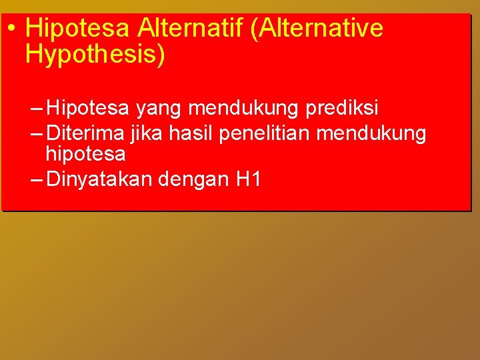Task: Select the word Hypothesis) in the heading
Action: (x=95, y=55)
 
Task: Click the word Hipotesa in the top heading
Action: (x=79, y=29)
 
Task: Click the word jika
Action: (x=147, y=133)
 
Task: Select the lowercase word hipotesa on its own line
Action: (x=85, y=154)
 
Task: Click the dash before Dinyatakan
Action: (x=37, y=180)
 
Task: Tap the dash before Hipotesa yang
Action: (x=37, y=108)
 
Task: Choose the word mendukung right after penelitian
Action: (x=371, y=133)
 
